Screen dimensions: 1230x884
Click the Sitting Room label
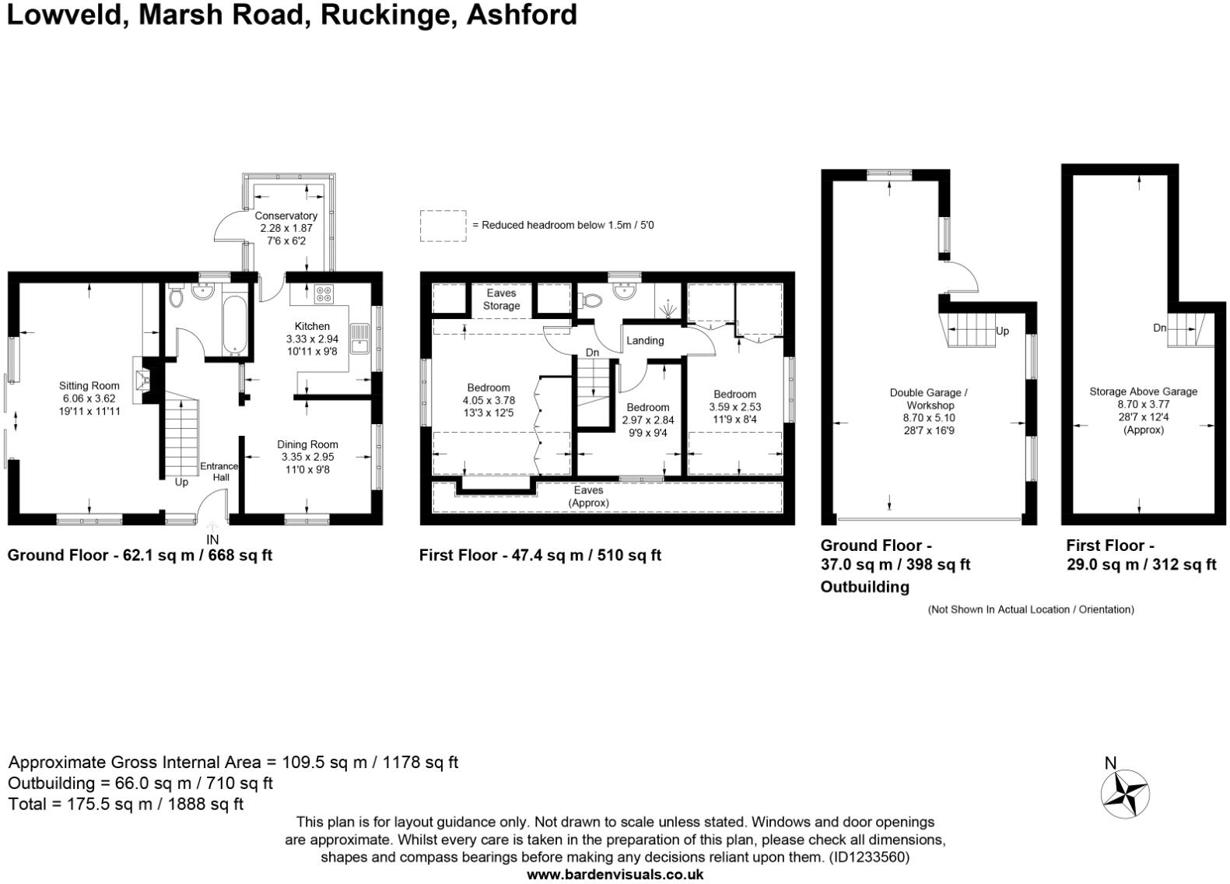click(x=89, y=385)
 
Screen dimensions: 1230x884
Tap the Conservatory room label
click(x=286, y=216)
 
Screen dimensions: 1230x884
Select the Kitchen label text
click(x=312, y=326)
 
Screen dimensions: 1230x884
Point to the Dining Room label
click(x=307, y=444)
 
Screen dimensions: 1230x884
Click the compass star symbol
click(x=1125, y=794)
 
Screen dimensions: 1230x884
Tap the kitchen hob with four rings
click(x=324, y=294)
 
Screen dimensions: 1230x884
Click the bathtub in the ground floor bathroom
click(x=233, y=323)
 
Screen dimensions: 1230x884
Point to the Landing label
click(x=645, y=340)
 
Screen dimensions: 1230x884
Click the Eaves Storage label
click(x=501, y=300)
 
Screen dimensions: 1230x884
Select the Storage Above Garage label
click(x=1143, y=391)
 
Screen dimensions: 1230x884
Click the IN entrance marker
click(x=212, y=539)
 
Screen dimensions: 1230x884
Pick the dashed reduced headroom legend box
click(x=443, y=226)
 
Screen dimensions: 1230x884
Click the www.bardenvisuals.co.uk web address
click(x=615, y=875)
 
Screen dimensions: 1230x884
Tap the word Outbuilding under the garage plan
click(x=864, y=587)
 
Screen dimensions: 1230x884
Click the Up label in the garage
click(x=1002, y=331)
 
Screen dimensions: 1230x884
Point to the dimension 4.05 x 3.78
click(x=488, y=400)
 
